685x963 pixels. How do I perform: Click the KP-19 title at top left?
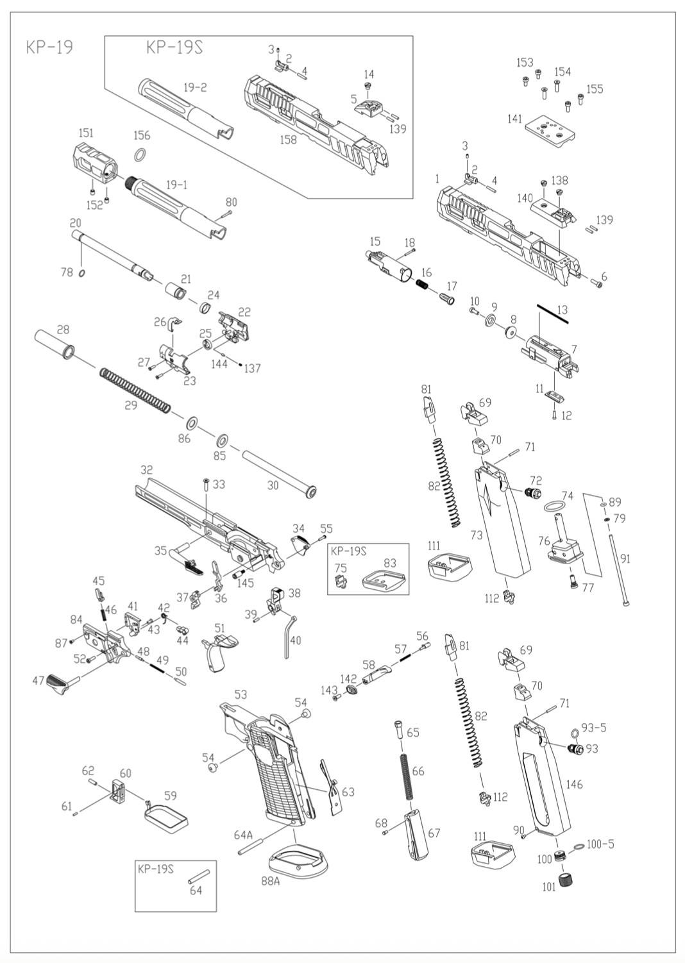[x=49, y=47]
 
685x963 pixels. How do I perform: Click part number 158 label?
[x=288, y=139]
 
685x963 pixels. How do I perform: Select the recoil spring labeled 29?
[x=135, y=389]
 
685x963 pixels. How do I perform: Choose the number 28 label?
[x=63, y=330]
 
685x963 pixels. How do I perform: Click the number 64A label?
[x=243, y=835]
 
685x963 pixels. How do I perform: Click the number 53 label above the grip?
[x=241, y=694]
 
